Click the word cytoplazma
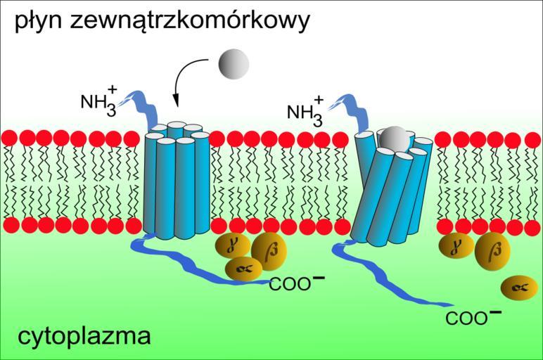pos(83,336)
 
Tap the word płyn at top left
pos(37,22)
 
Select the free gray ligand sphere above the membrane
pos(234,64)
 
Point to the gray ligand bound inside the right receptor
pos(395,138)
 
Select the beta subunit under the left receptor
pos(267,250)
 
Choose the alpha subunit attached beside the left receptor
pos(243,268)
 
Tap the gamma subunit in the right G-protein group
pos(456,245)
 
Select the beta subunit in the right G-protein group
pos(492,251)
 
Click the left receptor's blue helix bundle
pos(177,183)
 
